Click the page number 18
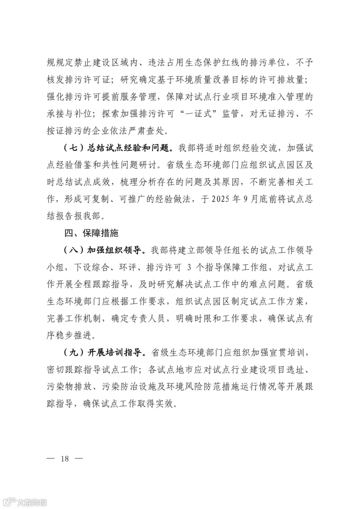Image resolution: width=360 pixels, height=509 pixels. click(x=65, y=459)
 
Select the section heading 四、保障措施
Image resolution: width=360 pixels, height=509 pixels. click(x=91, y=233)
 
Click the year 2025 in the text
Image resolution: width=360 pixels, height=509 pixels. click(x=220, y=199)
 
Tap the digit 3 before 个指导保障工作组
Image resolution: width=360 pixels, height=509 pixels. click(x=189, y=267)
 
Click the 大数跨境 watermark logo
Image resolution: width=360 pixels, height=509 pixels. click(x=25, y=502)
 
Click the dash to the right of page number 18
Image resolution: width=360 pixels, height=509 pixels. click(x=79, y=459)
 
